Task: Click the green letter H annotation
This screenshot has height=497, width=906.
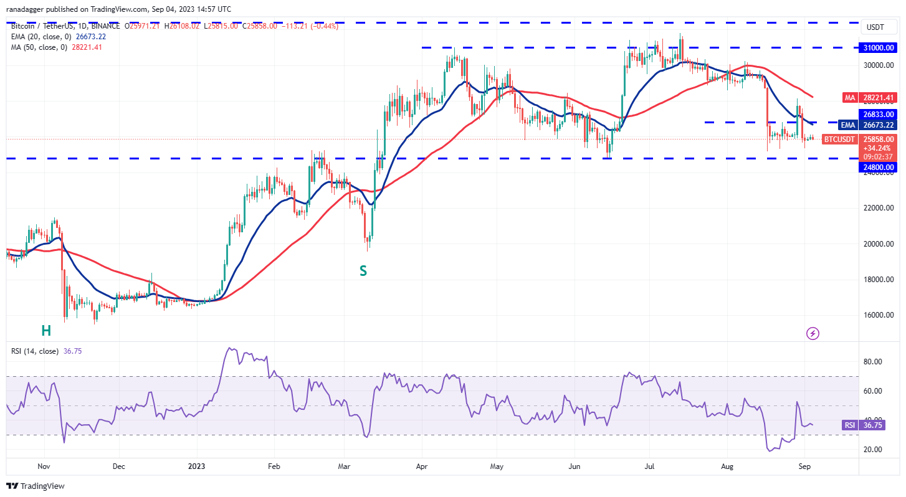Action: coord(46,331)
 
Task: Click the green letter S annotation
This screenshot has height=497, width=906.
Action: coord(363,271)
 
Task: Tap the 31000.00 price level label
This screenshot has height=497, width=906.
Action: coord(878,47)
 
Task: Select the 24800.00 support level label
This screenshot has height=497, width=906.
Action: coord(878,167)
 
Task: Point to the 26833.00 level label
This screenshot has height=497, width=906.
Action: coord(878,114)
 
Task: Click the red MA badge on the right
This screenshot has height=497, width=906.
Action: coord(849,97)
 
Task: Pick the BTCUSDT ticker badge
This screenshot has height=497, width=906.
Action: coord(839,140)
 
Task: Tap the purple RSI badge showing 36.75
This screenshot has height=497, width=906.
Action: coord(849,425)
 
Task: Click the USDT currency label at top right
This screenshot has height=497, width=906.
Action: coord(875,28)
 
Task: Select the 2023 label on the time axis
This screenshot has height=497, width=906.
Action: coord(196,465)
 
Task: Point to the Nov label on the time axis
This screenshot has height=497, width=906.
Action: coord(44,465)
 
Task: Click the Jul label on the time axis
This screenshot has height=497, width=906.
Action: coord(649,465)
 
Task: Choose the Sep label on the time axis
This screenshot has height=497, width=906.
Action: coord(804,465)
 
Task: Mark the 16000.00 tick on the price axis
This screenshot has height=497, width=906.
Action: coord(878,315)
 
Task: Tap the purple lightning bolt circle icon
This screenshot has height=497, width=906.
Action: coord(813,333)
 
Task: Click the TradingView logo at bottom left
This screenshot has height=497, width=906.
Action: coord(36,486)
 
